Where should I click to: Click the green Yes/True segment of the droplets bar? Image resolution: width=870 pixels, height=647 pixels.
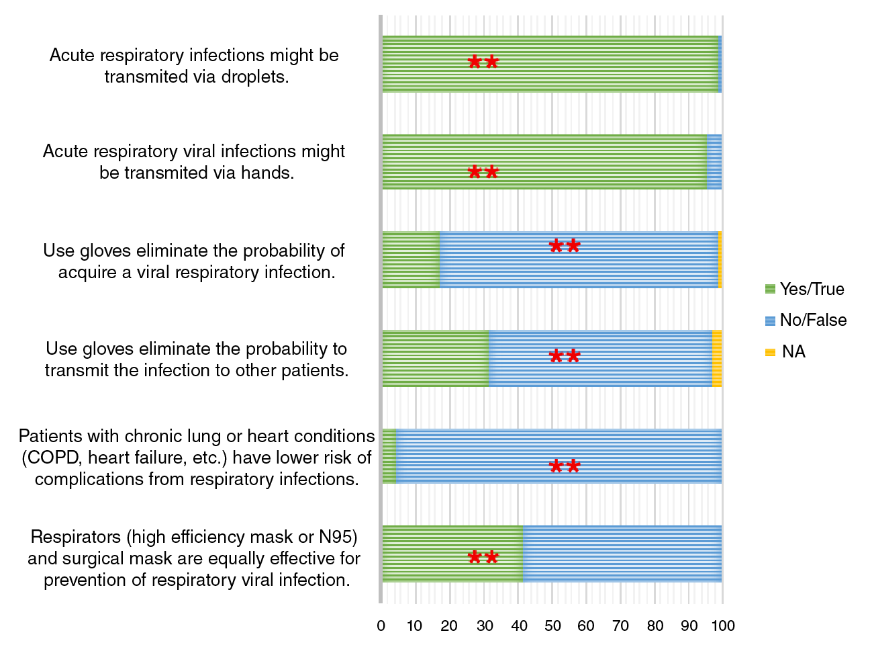pyautogui.click(x=550, y=64)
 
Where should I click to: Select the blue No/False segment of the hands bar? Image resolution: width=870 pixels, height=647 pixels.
pyautogui.click(x=714, y=162)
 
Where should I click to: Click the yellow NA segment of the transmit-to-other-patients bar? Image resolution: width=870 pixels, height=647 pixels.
pyautogui.click(x=717, y=359)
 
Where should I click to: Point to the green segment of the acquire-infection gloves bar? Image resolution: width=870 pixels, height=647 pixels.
pyautogui.click(x=411, y=260)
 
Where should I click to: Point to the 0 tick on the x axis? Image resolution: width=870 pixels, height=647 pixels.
pyautogui.click(x=381, y=626)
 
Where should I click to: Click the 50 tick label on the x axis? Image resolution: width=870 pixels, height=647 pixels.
pyautogui.click(x=552, y=626)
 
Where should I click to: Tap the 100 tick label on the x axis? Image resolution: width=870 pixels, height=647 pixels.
pyautogui.click(x=723, y=626)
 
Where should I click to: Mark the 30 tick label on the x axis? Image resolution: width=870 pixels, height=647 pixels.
pyautogui.click(x=484, y=626)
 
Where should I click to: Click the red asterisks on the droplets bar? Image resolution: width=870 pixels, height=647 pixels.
pyautogui.click(x=483, y=62)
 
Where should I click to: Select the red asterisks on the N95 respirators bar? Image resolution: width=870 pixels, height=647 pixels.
pyautogui.click(x=483, y=557)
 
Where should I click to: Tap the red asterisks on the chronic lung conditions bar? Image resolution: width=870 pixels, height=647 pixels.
pyautogui.click(x=565, y=466)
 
